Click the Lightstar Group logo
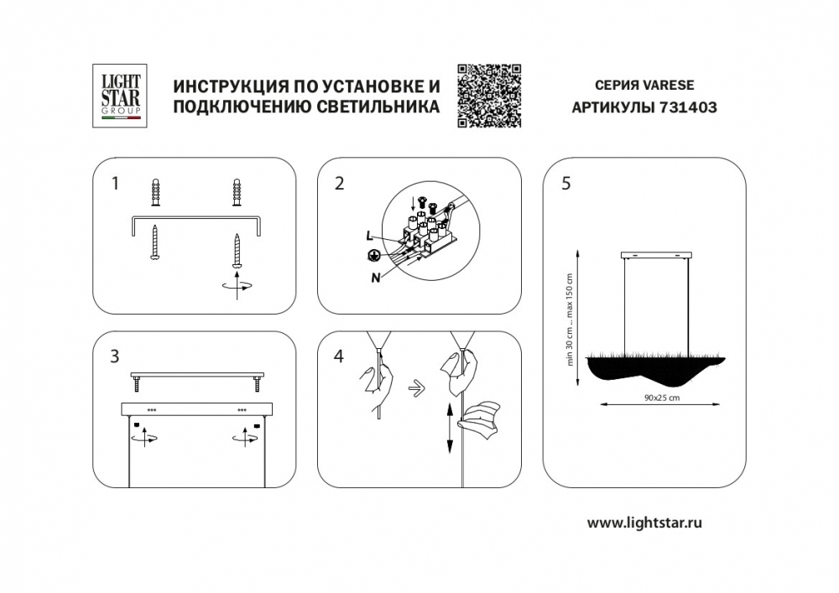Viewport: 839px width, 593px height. (120, 96)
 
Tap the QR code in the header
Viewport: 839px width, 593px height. (489, 96)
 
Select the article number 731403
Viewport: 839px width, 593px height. (688, 107)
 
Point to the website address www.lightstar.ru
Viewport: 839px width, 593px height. (644, 523)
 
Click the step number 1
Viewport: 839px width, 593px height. (114, 184)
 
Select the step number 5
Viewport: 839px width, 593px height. (566, 184)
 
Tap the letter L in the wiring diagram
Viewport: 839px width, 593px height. (369, 236)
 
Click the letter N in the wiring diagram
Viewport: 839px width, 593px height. (376, 278)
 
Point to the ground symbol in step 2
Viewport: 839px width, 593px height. (373, 256)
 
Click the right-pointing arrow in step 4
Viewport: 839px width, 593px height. (416, 388)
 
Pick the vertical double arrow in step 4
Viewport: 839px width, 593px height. (450, 429)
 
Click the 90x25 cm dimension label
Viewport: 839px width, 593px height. (662, 398)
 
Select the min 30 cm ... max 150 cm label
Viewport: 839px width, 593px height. (570, 320)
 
